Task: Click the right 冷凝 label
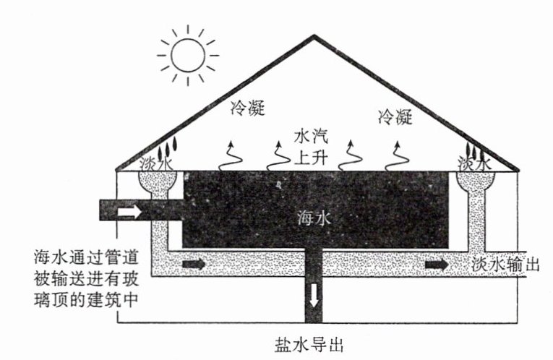(x=395, y=116)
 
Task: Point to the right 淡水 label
(x=475, y=165)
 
